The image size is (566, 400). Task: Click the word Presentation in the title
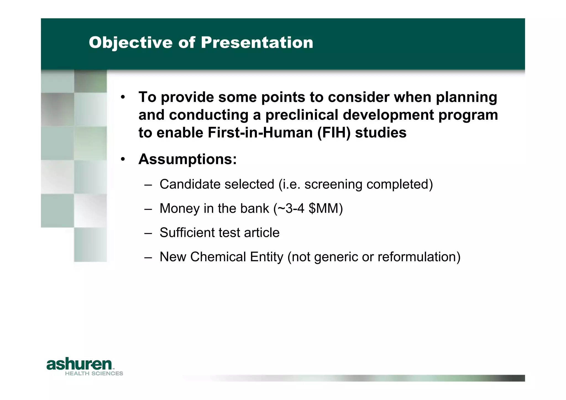257,43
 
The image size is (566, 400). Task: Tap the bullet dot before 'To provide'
123,97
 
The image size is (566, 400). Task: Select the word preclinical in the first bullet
302,115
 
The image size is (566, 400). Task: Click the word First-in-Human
260,132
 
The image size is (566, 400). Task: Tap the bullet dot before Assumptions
123,159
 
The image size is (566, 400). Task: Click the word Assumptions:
187,160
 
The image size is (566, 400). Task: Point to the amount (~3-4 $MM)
308,208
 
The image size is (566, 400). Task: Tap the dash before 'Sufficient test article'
148,233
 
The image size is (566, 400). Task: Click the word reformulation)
419,257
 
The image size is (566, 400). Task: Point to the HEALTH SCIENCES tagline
94,373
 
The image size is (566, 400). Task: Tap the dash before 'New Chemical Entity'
148,257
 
